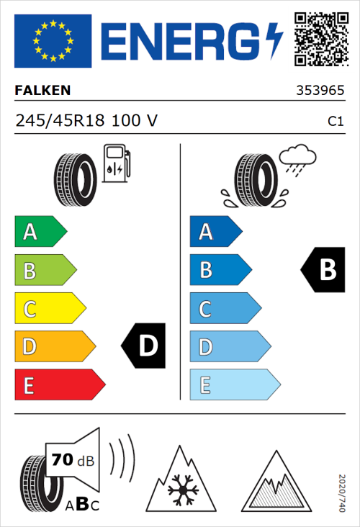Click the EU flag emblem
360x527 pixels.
[x=53, y=41]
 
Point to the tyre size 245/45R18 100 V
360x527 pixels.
[x=86, y=121]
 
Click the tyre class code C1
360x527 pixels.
[x=335, y=122]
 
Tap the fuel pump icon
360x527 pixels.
[x=115, y=163]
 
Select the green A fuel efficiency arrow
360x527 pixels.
[x=40, y=232]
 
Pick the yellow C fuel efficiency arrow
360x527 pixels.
[x=49, y=309]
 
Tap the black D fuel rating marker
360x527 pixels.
[x=145, y=346]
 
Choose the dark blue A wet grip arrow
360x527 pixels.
[x=215, y=232]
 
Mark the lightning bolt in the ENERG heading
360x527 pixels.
[x=274, y=40]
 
